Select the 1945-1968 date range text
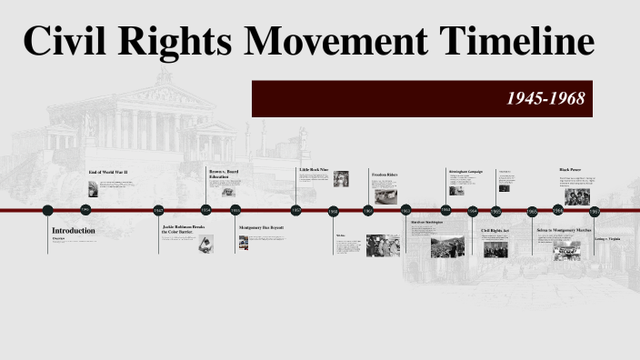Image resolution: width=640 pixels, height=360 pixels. (x=545, y=98)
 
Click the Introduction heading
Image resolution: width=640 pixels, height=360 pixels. (x=73, y=231)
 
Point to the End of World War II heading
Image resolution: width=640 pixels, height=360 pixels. (x=107, y=172)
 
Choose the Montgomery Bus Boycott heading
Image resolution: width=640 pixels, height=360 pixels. (x=262, y=227)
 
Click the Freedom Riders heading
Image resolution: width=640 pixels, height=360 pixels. (x=385, y=174)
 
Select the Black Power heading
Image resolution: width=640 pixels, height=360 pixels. (x=571, y=170)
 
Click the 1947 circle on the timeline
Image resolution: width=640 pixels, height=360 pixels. (x=160, y=211)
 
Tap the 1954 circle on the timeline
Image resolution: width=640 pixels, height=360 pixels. (x=206, y=211)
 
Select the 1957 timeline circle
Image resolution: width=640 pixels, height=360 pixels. (x=296, y=211)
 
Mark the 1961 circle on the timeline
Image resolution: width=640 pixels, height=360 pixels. (x=368, y=211)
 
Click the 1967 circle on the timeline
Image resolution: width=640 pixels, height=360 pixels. (x=595, y=211)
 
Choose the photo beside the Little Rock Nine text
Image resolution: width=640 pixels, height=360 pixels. (x=341, y=179)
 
